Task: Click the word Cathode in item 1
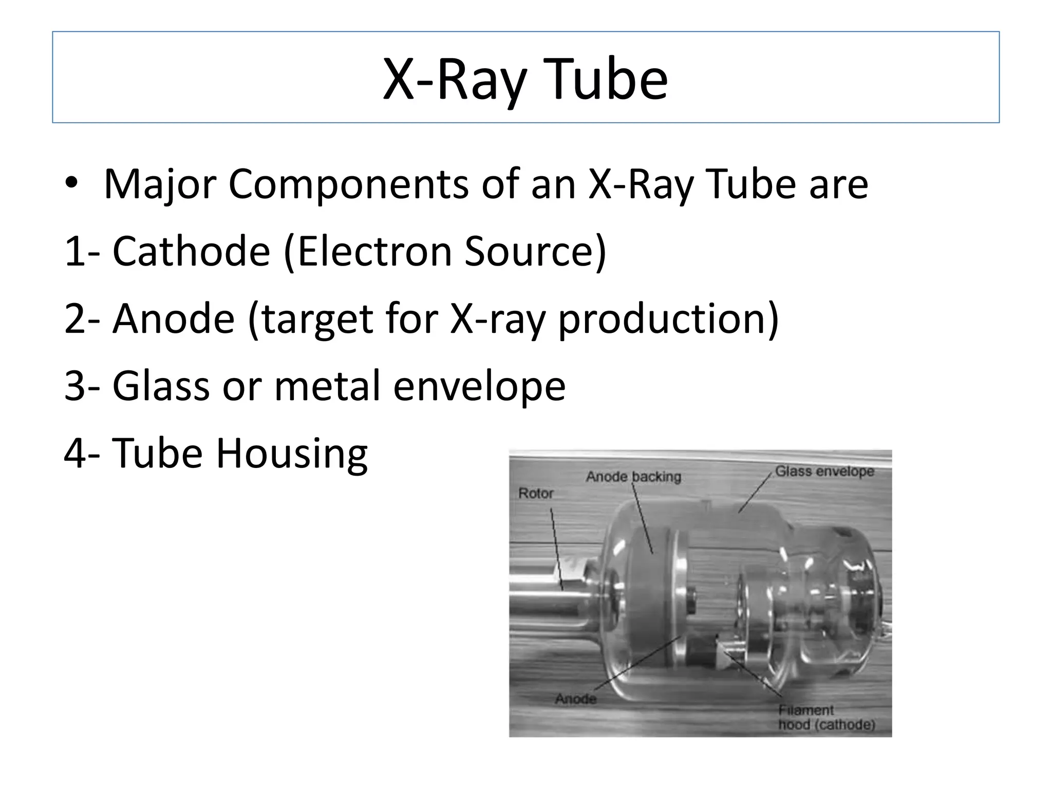click(x=191, y=251)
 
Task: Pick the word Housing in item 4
click(x=291, y=454)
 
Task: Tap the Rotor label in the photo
click(x=536, y=494)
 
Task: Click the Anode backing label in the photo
click(x=633, y=477)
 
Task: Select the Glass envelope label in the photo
click(x=824, y=471)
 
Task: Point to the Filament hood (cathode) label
click(x=826, y=717)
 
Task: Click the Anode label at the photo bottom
click(x=575, y=699)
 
